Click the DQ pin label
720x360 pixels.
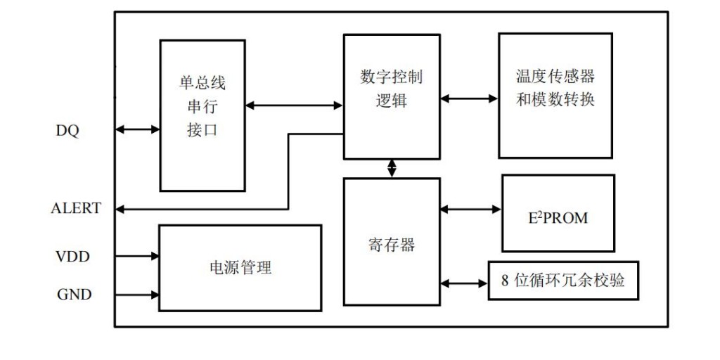tap(67, 131)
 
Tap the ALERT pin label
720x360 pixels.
tap(76, 208)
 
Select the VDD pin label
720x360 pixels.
tap(73, 257)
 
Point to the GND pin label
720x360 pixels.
tap(75, 295)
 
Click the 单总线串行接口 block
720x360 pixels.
tap(202, 115)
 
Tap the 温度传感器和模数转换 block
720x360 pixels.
tap(555, 95)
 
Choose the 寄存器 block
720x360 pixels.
tap(392, 241)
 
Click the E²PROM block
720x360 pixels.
tap(558, 213)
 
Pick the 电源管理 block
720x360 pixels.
tap(240, 268)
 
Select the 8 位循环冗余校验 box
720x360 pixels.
tap(563, 280)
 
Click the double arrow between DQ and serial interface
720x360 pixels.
tap(137, 129)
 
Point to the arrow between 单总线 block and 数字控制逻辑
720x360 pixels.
tap(294, 105)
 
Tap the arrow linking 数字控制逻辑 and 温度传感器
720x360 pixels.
tap(469, 98)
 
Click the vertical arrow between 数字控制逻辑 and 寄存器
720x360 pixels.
tap(392, 168)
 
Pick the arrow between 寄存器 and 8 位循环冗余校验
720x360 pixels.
tap(463, 283)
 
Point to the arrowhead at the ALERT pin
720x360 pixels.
tap(120, 209)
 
